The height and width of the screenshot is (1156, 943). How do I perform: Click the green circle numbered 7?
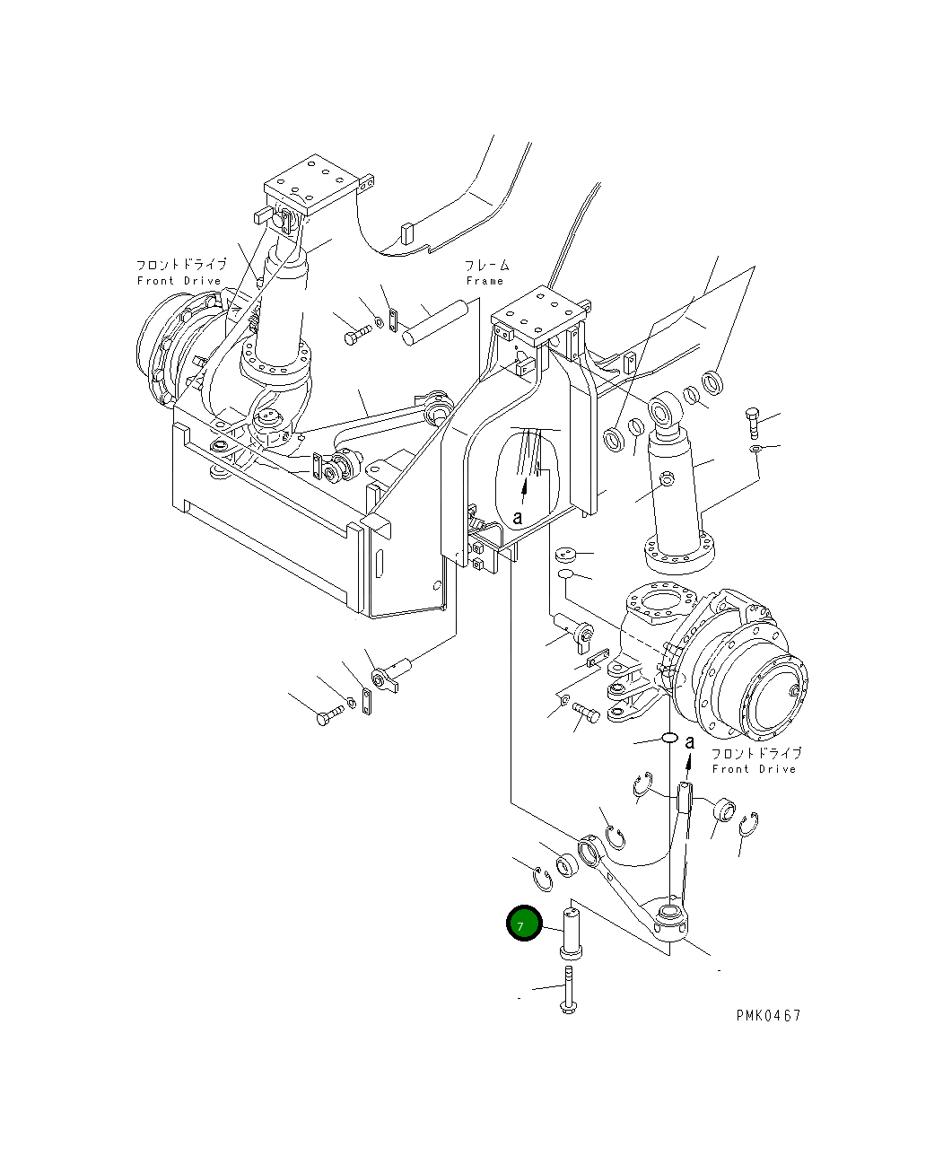pos(524,924)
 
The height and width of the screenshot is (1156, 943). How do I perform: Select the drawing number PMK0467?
pos(768,1015)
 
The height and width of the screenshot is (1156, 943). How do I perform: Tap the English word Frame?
pos(485,281)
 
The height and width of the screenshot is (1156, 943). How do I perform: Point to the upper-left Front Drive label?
pos(179,273)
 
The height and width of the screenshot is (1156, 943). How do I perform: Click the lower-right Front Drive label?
pos(755,761)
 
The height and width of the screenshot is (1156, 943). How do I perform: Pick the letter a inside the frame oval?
pos(518,518)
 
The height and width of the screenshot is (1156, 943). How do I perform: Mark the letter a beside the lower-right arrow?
pos(690,741)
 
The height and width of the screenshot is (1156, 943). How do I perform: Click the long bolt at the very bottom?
pos(567,991)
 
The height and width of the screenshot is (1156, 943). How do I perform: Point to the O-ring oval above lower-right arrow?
pos(668,738)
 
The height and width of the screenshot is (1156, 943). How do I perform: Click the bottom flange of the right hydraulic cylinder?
pos(677,551)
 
